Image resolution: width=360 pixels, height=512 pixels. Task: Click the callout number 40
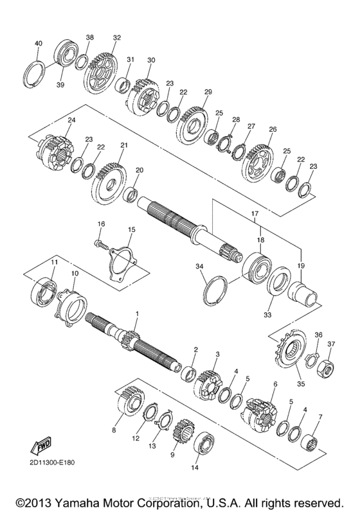click(x=38, y=43)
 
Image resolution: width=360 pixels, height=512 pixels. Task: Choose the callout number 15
click(x=131, y=229)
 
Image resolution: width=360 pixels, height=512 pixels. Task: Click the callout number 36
click(x=318, y=335)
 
